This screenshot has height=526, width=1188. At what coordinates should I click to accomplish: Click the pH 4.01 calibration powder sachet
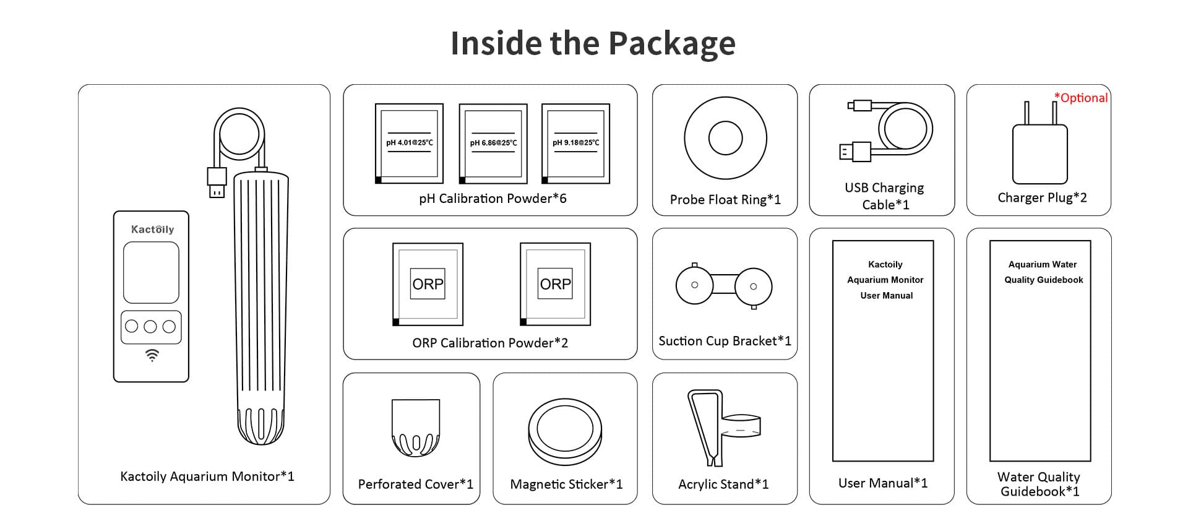(x=409, y=144)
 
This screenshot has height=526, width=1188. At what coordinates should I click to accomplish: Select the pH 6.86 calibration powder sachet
(x=493, y=144)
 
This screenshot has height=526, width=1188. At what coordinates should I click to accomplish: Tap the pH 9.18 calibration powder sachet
(x=575, y=144)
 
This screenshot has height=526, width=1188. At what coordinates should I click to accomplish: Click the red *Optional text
(x=1081, y=98)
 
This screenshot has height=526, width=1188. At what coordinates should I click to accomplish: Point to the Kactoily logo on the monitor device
(x=152, y=230)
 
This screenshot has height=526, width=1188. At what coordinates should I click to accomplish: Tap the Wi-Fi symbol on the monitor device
(x=152, y=355)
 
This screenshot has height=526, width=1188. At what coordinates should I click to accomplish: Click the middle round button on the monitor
(x=150, y=327)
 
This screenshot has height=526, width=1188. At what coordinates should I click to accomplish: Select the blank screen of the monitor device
(x=151, y=272)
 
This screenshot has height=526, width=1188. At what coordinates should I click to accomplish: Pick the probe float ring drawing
(x=725, y=138)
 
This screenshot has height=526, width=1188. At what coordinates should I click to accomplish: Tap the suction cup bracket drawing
(x=724, y=285)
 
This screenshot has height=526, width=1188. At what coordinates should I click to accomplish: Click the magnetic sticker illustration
(x=565, y=431)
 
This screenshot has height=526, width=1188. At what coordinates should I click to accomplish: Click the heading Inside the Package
(x=593, y=43)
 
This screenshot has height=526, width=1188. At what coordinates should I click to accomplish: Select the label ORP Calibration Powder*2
(x=490, y=343)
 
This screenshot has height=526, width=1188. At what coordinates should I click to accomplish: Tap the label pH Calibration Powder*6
(x=493, y=199)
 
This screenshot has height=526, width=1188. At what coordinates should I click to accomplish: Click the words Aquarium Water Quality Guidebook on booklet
(x=1043, y=272)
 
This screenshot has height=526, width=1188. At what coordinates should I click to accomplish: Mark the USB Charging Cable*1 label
(x=885, y=196)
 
